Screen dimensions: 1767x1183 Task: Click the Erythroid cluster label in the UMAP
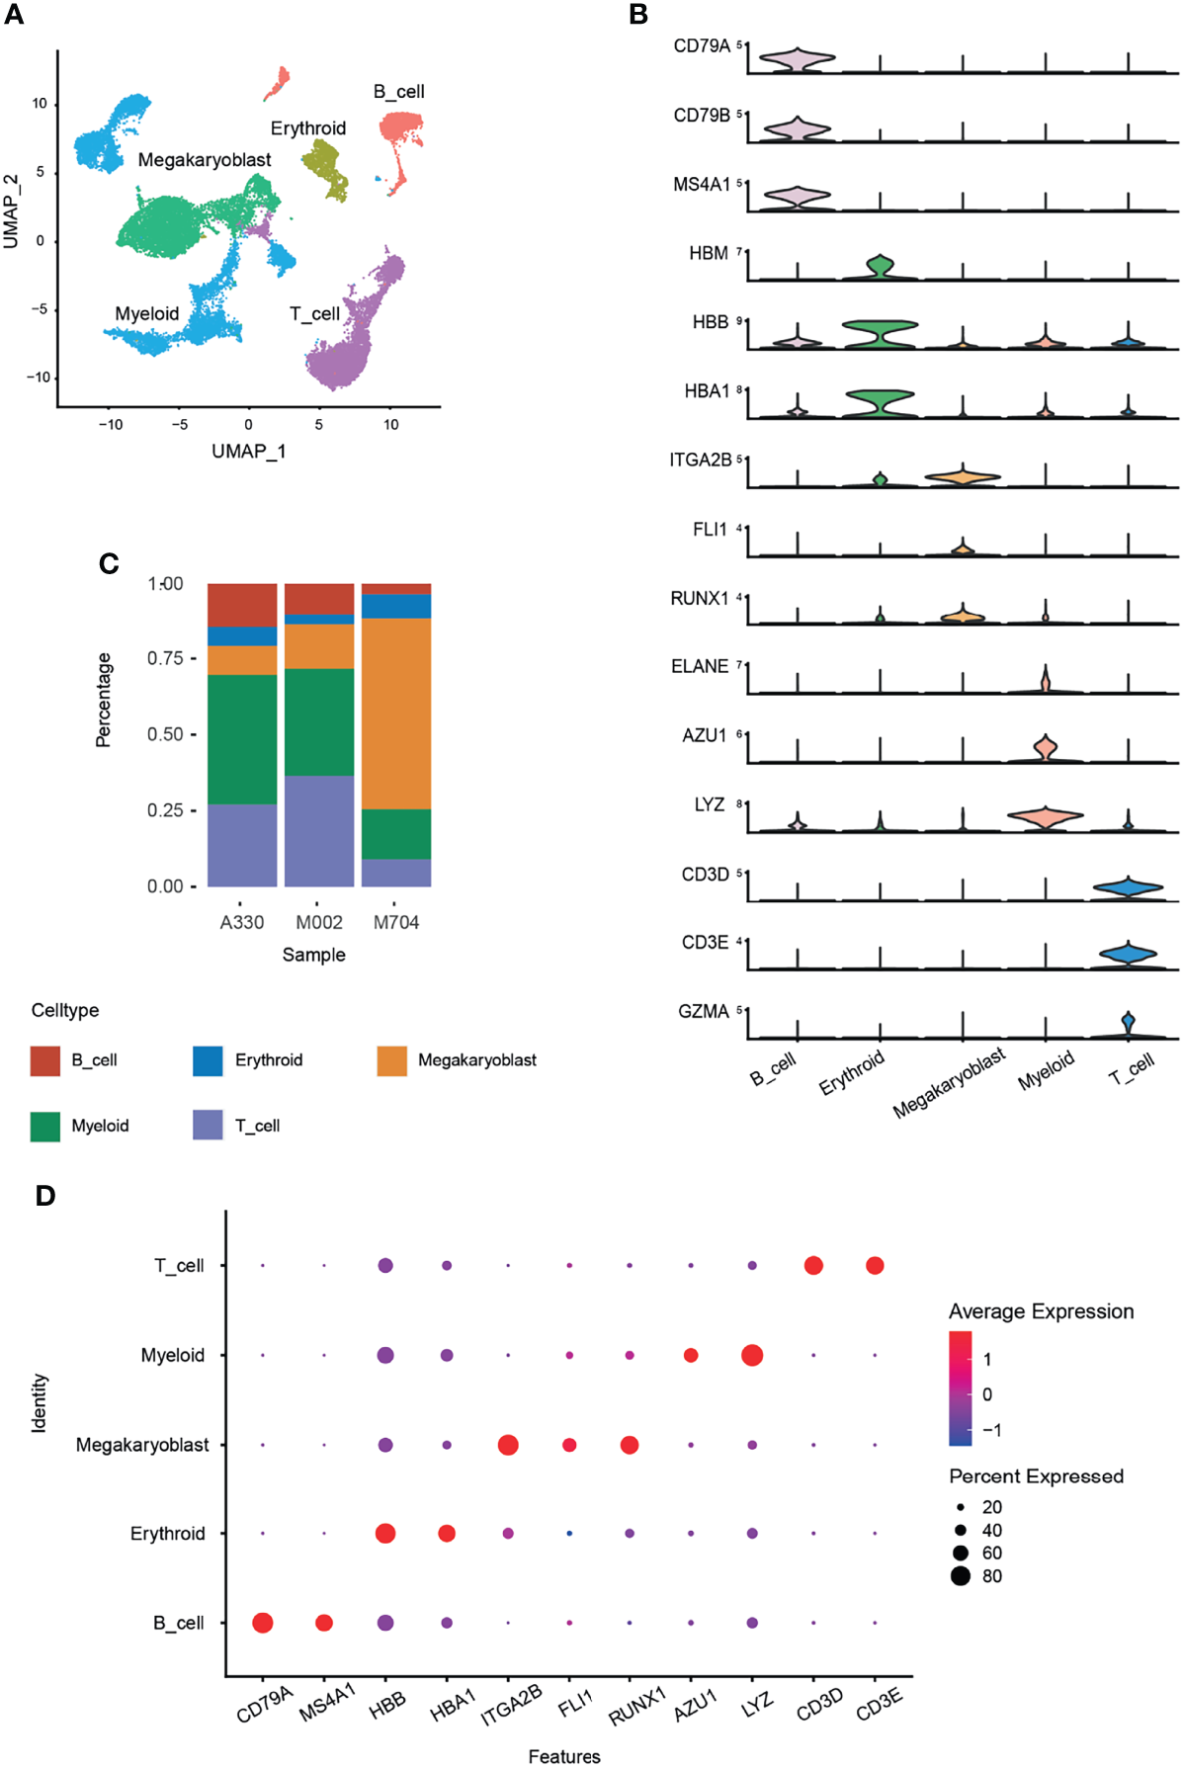(x=308, y=128)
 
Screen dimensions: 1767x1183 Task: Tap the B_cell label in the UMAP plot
(x=398, y=92)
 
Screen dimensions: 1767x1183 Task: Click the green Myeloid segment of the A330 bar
(x=242, y=739)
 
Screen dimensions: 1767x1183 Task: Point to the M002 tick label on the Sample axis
(x=319, y=922)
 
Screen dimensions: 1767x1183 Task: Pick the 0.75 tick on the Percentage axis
(x=165, y=658)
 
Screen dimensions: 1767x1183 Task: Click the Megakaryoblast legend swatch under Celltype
(x=392, y=1060)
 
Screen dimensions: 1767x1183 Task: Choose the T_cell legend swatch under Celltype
(x=208, y=1125)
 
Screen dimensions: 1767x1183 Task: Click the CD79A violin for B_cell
(x=797, y=60)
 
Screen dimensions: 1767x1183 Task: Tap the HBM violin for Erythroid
(x=880, y=266)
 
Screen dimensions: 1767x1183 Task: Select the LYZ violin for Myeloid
(x=1046, y=816)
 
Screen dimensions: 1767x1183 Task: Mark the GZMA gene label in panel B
(x=703, y=1011)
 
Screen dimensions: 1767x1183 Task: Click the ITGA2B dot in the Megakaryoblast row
(x=508, y=1445)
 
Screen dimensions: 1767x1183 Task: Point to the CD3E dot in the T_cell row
(x=875, y=1265)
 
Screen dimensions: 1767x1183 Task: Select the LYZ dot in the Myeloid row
(x=752, y=1355)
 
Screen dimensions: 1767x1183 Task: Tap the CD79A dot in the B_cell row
(x=263, y=1622)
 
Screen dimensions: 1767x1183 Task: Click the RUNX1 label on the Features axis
(x=637, y=1707)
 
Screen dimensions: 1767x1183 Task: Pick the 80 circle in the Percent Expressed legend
(x=961, y=1575)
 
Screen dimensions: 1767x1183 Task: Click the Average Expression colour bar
(x=960, y=1388)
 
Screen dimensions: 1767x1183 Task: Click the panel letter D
(x=45, y=1196)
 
